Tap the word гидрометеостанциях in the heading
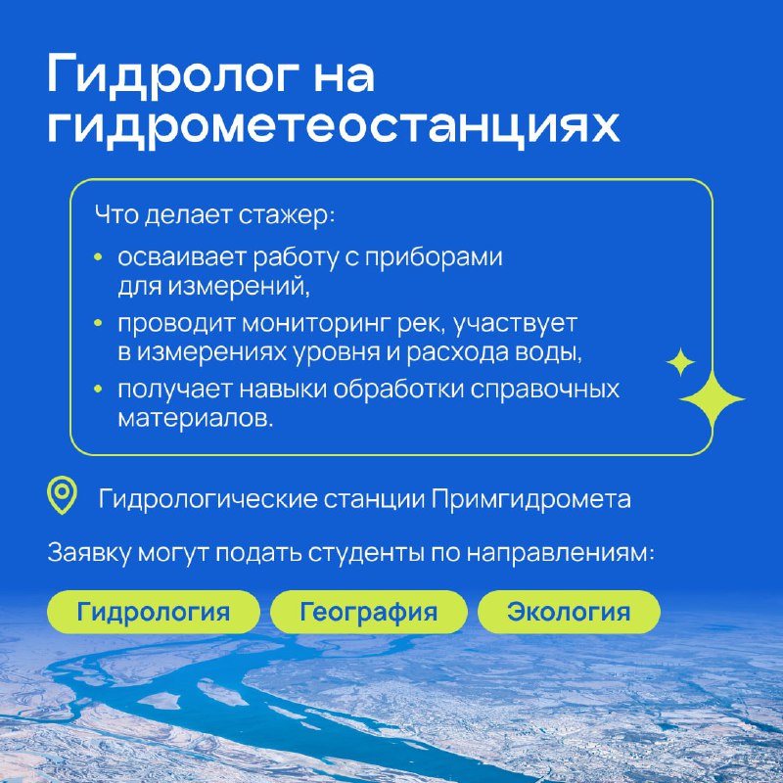333,128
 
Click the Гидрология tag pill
154,612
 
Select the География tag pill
369,612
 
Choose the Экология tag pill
569,612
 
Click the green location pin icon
62,495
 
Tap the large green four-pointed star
713,399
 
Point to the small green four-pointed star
680,362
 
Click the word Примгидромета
530,499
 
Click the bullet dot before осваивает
98,257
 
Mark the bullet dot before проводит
98,324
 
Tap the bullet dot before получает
98,389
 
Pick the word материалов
196,419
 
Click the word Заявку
89,553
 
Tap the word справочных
544,390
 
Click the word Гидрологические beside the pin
207,499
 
